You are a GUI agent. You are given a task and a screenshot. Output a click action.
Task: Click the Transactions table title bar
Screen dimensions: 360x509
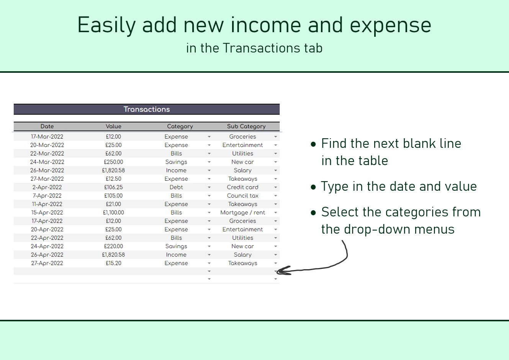point(147,109)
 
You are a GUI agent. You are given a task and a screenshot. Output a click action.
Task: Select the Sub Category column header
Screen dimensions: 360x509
point(246,126)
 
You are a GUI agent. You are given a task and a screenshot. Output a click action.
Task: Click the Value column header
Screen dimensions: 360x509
point(113,126)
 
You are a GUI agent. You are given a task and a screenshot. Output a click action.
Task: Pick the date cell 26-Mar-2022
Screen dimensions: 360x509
point(47,170)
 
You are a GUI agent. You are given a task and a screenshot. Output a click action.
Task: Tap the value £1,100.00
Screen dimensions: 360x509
point(113,213)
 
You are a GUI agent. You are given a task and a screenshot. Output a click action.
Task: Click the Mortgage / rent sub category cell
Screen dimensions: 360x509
point(242,213)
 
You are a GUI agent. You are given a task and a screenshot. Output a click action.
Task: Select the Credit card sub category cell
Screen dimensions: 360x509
point(242,187)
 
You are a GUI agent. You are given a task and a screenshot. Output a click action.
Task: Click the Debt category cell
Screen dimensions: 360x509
point(176,187)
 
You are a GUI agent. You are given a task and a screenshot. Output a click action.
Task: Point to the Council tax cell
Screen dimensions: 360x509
point(242,196)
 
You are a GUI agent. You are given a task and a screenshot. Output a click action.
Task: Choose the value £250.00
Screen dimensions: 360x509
point(113,162)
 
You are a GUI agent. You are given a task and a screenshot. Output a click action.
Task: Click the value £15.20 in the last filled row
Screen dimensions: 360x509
point(113,263)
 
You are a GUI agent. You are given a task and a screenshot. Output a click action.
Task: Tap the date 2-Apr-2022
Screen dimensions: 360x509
point(47,187)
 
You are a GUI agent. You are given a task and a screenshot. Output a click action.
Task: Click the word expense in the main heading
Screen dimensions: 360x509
point(390,25)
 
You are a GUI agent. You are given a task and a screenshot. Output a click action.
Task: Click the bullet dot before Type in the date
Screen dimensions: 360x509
point(314,187)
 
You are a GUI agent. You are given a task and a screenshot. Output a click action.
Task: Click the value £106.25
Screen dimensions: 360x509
point(113,187)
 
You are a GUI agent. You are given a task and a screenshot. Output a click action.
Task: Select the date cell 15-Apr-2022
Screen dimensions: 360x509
point(47,213)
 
